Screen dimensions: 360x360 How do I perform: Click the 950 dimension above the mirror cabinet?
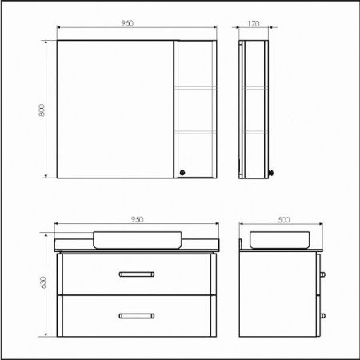tap(126, 23)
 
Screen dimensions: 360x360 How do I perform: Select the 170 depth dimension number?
tap(254, 23)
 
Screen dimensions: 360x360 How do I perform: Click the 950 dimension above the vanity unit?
tap(136, 218)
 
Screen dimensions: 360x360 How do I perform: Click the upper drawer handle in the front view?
tap(137, 274)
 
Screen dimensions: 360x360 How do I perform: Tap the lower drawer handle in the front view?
tap(137, 315)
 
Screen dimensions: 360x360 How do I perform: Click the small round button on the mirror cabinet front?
tap(182, 170)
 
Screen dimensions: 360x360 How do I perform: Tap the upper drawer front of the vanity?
tap(136, 274)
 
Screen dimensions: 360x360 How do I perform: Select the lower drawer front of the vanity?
tap(136, 315)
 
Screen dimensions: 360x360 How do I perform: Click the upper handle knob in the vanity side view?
tap(322, 275)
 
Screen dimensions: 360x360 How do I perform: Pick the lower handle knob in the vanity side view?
tap(322, 315)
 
